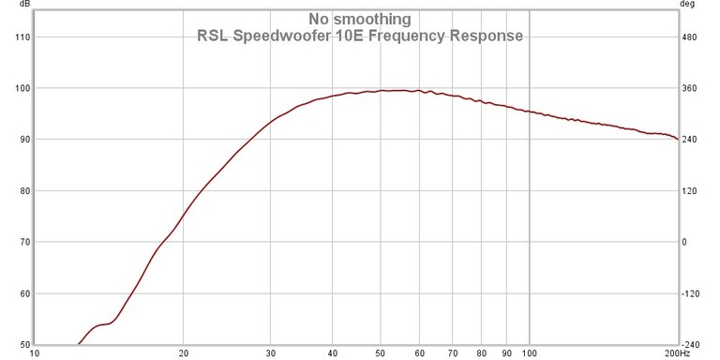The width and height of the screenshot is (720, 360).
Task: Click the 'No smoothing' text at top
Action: pos(359,19)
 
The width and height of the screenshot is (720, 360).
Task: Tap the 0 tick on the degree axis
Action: pos(684,242)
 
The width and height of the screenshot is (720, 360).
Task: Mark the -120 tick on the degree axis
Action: pos(692,293)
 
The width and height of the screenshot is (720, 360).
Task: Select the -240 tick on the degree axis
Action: pos(692,344)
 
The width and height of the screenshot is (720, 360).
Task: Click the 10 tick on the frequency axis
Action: pos(36,354)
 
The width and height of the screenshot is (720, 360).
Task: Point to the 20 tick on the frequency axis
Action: pos(184,354)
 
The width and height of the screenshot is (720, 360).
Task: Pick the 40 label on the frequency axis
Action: pos(333,354)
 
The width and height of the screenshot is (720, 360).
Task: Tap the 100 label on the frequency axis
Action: pos(530,354)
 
